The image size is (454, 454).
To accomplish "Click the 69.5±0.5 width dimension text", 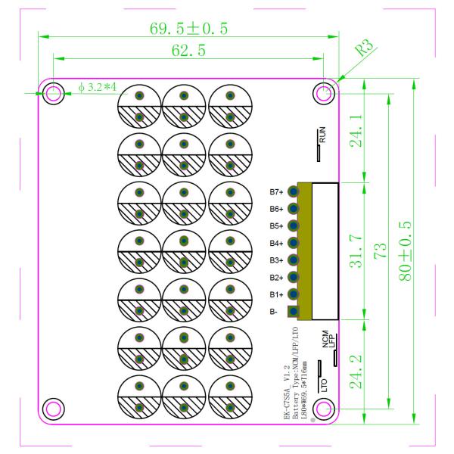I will pos(189,28).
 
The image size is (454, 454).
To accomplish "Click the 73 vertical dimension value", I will pos(381,250).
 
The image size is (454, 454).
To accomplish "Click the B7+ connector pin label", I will pos(276,192).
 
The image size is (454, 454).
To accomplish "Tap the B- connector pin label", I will pos(273,311).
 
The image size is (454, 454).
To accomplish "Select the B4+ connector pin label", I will pos(276,243).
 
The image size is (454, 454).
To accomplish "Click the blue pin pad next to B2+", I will pos(294,277).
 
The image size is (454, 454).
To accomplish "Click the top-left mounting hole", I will pos(53,94).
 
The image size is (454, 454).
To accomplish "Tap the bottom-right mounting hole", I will pos(323,409).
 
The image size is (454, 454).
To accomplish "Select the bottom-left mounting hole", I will pos(53,409).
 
